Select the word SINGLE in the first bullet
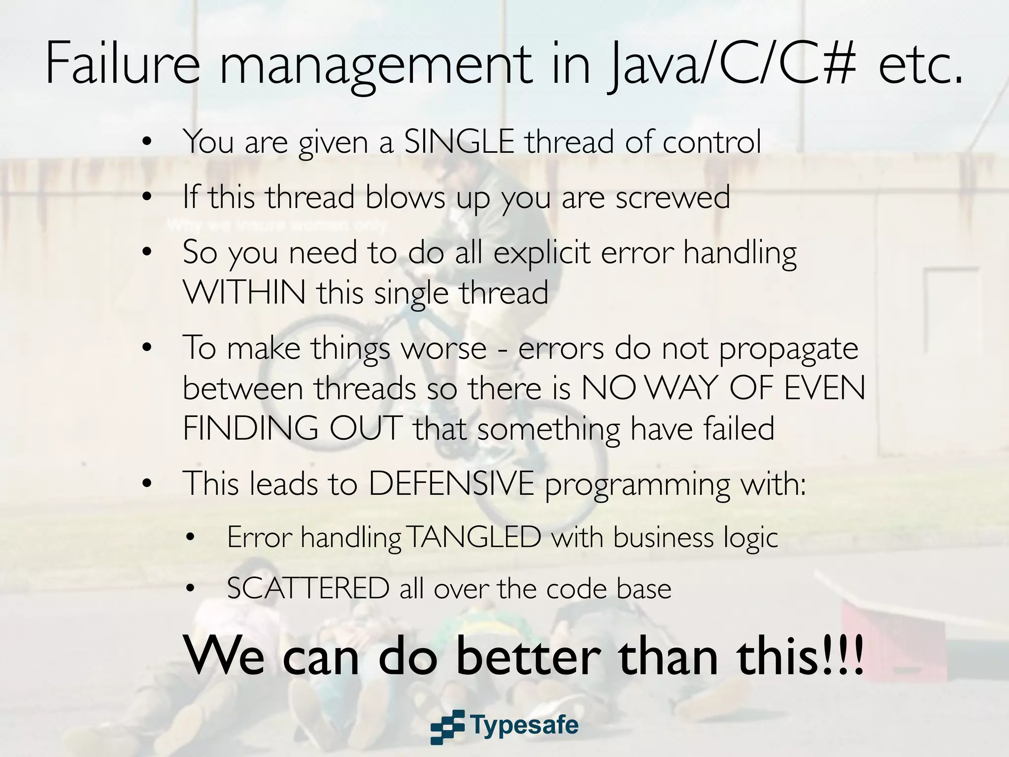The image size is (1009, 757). click(x=459, y=142)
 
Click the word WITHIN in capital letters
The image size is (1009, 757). click(x=244, y=292)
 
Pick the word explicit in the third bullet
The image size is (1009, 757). click(x=542, y=253)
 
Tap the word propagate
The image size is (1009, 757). click(x=788, y=349)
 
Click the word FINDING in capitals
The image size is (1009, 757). click(x=251, y=429)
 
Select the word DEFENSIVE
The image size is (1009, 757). click(x=451, y=484)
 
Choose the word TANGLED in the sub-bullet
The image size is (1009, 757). click(x=474, y=537)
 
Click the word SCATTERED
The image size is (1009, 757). click(x=308, y=588)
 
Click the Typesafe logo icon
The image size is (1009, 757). click(x=447, y=726)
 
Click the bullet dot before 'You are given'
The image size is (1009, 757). click(x=146, y=142)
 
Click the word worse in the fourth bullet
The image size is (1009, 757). click(x=444, y=349)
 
